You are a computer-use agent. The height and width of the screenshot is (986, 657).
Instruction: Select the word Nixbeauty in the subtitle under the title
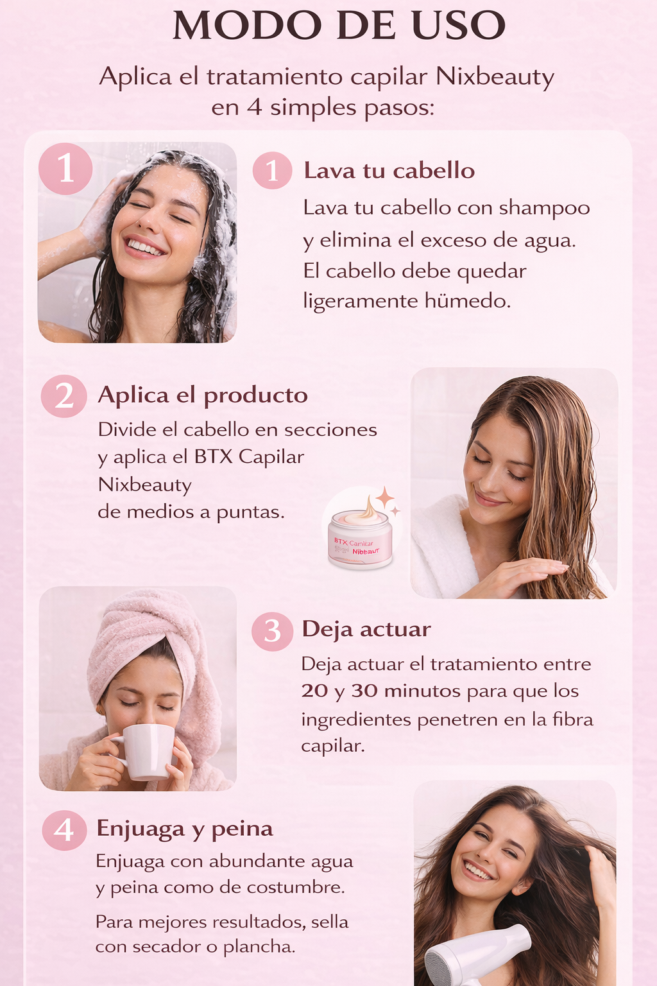[495, 78]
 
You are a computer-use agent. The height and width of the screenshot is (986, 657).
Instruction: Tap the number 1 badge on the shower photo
[65, 169]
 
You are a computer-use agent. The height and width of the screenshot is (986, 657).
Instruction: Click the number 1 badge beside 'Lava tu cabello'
[273, 171]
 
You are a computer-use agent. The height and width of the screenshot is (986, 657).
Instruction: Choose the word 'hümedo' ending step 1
[468, 301]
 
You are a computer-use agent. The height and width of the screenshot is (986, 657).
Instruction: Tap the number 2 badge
[64, 396]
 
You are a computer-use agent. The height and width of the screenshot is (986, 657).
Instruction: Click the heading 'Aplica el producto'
[203, 395]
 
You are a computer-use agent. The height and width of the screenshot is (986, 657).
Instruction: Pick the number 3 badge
[273, 631]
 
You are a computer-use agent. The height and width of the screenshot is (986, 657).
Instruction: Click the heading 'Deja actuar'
[366, 629]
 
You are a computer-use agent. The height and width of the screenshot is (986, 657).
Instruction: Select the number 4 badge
[64, 830]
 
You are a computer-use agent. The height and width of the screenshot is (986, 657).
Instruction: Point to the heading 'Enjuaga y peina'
[185, 829]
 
